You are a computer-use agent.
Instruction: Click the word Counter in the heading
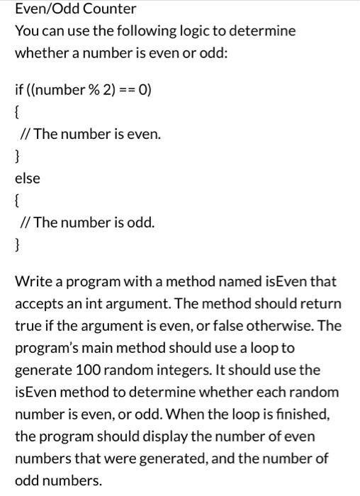click(90, 9)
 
